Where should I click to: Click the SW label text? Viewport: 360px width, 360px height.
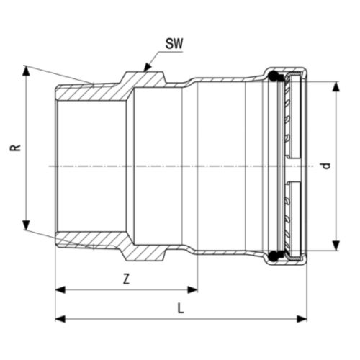[174, 44]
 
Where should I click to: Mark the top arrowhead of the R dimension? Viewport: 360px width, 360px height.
[27, 70]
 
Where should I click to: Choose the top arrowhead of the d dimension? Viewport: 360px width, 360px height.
[336, 85]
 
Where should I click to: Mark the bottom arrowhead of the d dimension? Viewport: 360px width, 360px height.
[336, 247]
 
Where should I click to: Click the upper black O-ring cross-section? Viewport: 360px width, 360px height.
[274, 76]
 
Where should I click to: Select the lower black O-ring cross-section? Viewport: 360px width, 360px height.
[274, 256]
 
